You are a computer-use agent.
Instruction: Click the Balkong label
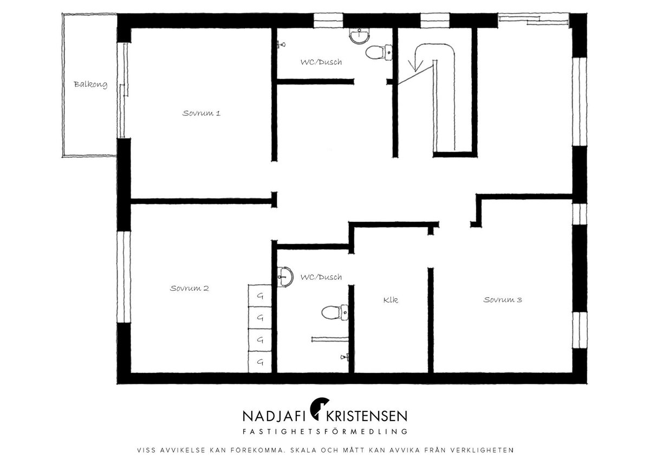[x=90, y=84]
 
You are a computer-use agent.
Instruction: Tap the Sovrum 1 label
[x=201, y=113]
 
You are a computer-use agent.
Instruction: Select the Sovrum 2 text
[x=189, y=288]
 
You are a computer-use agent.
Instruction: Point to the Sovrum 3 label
[x=503, y=299]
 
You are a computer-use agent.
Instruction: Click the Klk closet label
[x=391, y=300]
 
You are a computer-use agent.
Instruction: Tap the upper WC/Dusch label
[x=321, y=62]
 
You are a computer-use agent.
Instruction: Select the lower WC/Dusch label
[x=321, y=277]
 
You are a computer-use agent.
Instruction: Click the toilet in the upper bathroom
[x=379, y=53]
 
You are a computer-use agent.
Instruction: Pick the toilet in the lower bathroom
[x=335, y=313]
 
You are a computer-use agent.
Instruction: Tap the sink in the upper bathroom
[x=360, y=36]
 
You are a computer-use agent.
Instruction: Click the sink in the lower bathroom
[x=285, y=277]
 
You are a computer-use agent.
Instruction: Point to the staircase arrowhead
[x=415, y=66]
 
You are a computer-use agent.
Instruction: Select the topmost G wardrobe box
[x=260, y=296]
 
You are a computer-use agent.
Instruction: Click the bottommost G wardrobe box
[x=260, y=362]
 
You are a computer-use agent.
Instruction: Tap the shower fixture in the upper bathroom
[x=282, y=44]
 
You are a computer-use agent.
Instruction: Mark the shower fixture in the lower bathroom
[x=344, y=357]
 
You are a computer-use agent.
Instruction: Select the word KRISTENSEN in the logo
[x=367, y=416]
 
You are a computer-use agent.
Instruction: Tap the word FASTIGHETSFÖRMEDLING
[x=324, y=431]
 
